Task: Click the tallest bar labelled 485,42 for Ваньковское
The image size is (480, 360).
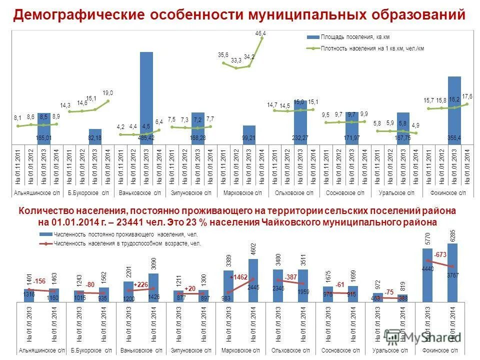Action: pos(146,95)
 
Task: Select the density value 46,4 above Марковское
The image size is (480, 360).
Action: pos(260,33)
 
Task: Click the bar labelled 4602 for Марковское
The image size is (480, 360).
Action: pos(253,280)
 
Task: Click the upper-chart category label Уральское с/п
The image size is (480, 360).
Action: pos(396,192)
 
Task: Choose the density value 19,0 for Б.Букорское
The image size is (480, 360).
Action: pos(108,92)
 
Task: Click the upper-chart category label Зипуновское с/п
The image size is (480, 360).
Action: pos(190,192)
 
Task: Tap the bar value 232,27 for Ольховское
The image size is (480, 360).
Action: pos(299,137)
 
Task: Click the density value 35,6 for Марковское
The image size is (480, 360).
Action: pos(223,54)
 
